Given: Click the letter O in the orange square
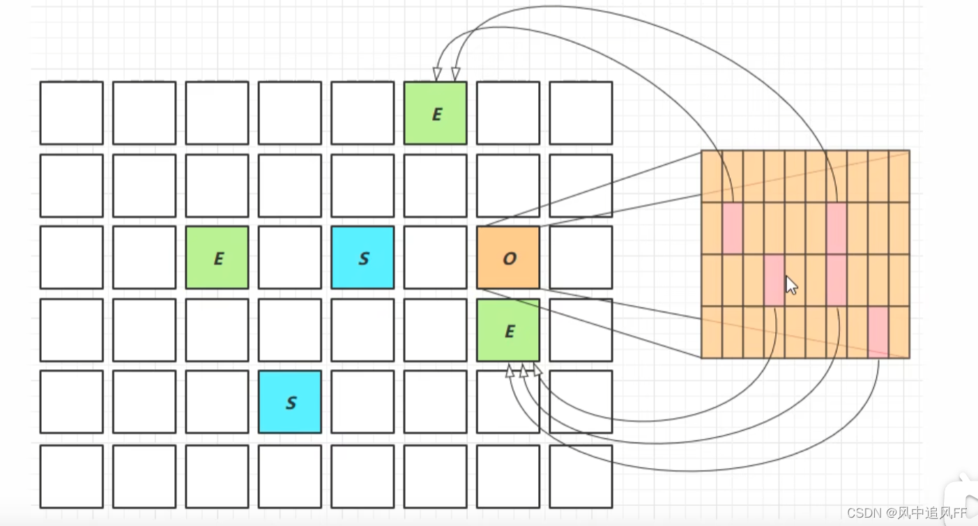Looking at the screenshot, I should [509, 258].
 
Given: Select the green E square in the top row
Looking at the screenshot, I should [436, 114].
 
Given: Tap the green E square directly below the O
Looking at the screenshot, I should [508, 331].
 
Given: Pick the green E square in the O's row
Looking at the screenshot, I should [217, 258].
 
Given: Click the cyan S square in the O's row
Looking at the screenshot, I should [362, 258].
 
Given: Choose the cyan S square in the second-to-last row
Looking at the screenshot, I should [290, 402].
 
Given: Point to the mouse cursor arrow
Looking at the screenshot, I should [791, 284].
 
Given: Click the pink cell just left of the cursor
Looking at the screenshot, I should [774, 280].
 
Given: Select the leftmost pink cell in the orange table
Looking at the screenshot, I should [732, 228].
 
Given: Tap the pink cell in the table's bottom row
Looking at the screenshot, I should [878, 332].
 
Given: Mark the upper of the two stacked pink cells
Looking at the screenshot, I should [836, 228].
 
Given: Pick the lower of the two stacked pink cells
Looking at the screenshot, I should [836, 280].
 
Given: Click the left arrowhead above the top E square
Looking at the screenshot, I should [438, 74].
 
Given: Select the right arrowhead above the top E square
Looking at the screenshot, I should [456, 74].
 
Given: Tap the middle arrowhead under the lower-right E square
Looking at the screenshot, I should [524, 370].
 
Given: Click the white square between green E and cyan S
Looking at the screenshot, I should [290, 258].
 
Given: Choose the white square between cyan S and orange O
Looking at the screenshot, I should [436, 258].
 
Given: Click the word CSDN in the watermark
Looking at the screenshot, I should [865, 513].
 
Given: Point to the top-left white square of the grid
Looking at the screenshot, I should [72, 114].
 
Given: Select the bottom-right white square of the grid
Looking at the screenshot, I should [581, 476].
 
